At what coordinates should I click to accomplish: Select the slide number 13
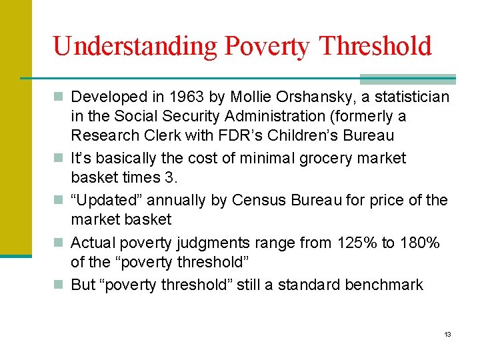pos(447,334)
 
